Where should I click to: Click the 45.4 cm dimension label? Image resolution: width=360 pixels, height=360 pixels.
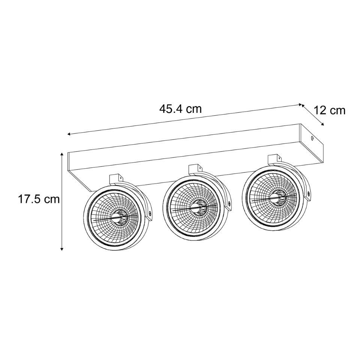click(x=180, y=109)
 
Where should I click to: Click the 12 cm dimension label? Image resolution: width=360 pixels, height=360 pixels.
click(x=329, y=110)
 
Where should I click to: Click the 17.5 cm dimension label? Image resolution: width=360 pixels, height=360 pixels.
click(x=39, y=199)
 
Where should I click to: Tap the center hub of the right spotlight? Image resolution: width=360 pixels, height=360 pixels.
click(x=277, y=196)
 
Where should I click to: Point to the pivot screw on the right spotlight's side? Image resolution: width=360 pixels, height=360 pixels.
click(x=309, y=194)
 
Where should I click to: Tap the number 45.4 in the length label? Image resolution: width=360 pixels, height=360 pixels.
click(x=171, y=109)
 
